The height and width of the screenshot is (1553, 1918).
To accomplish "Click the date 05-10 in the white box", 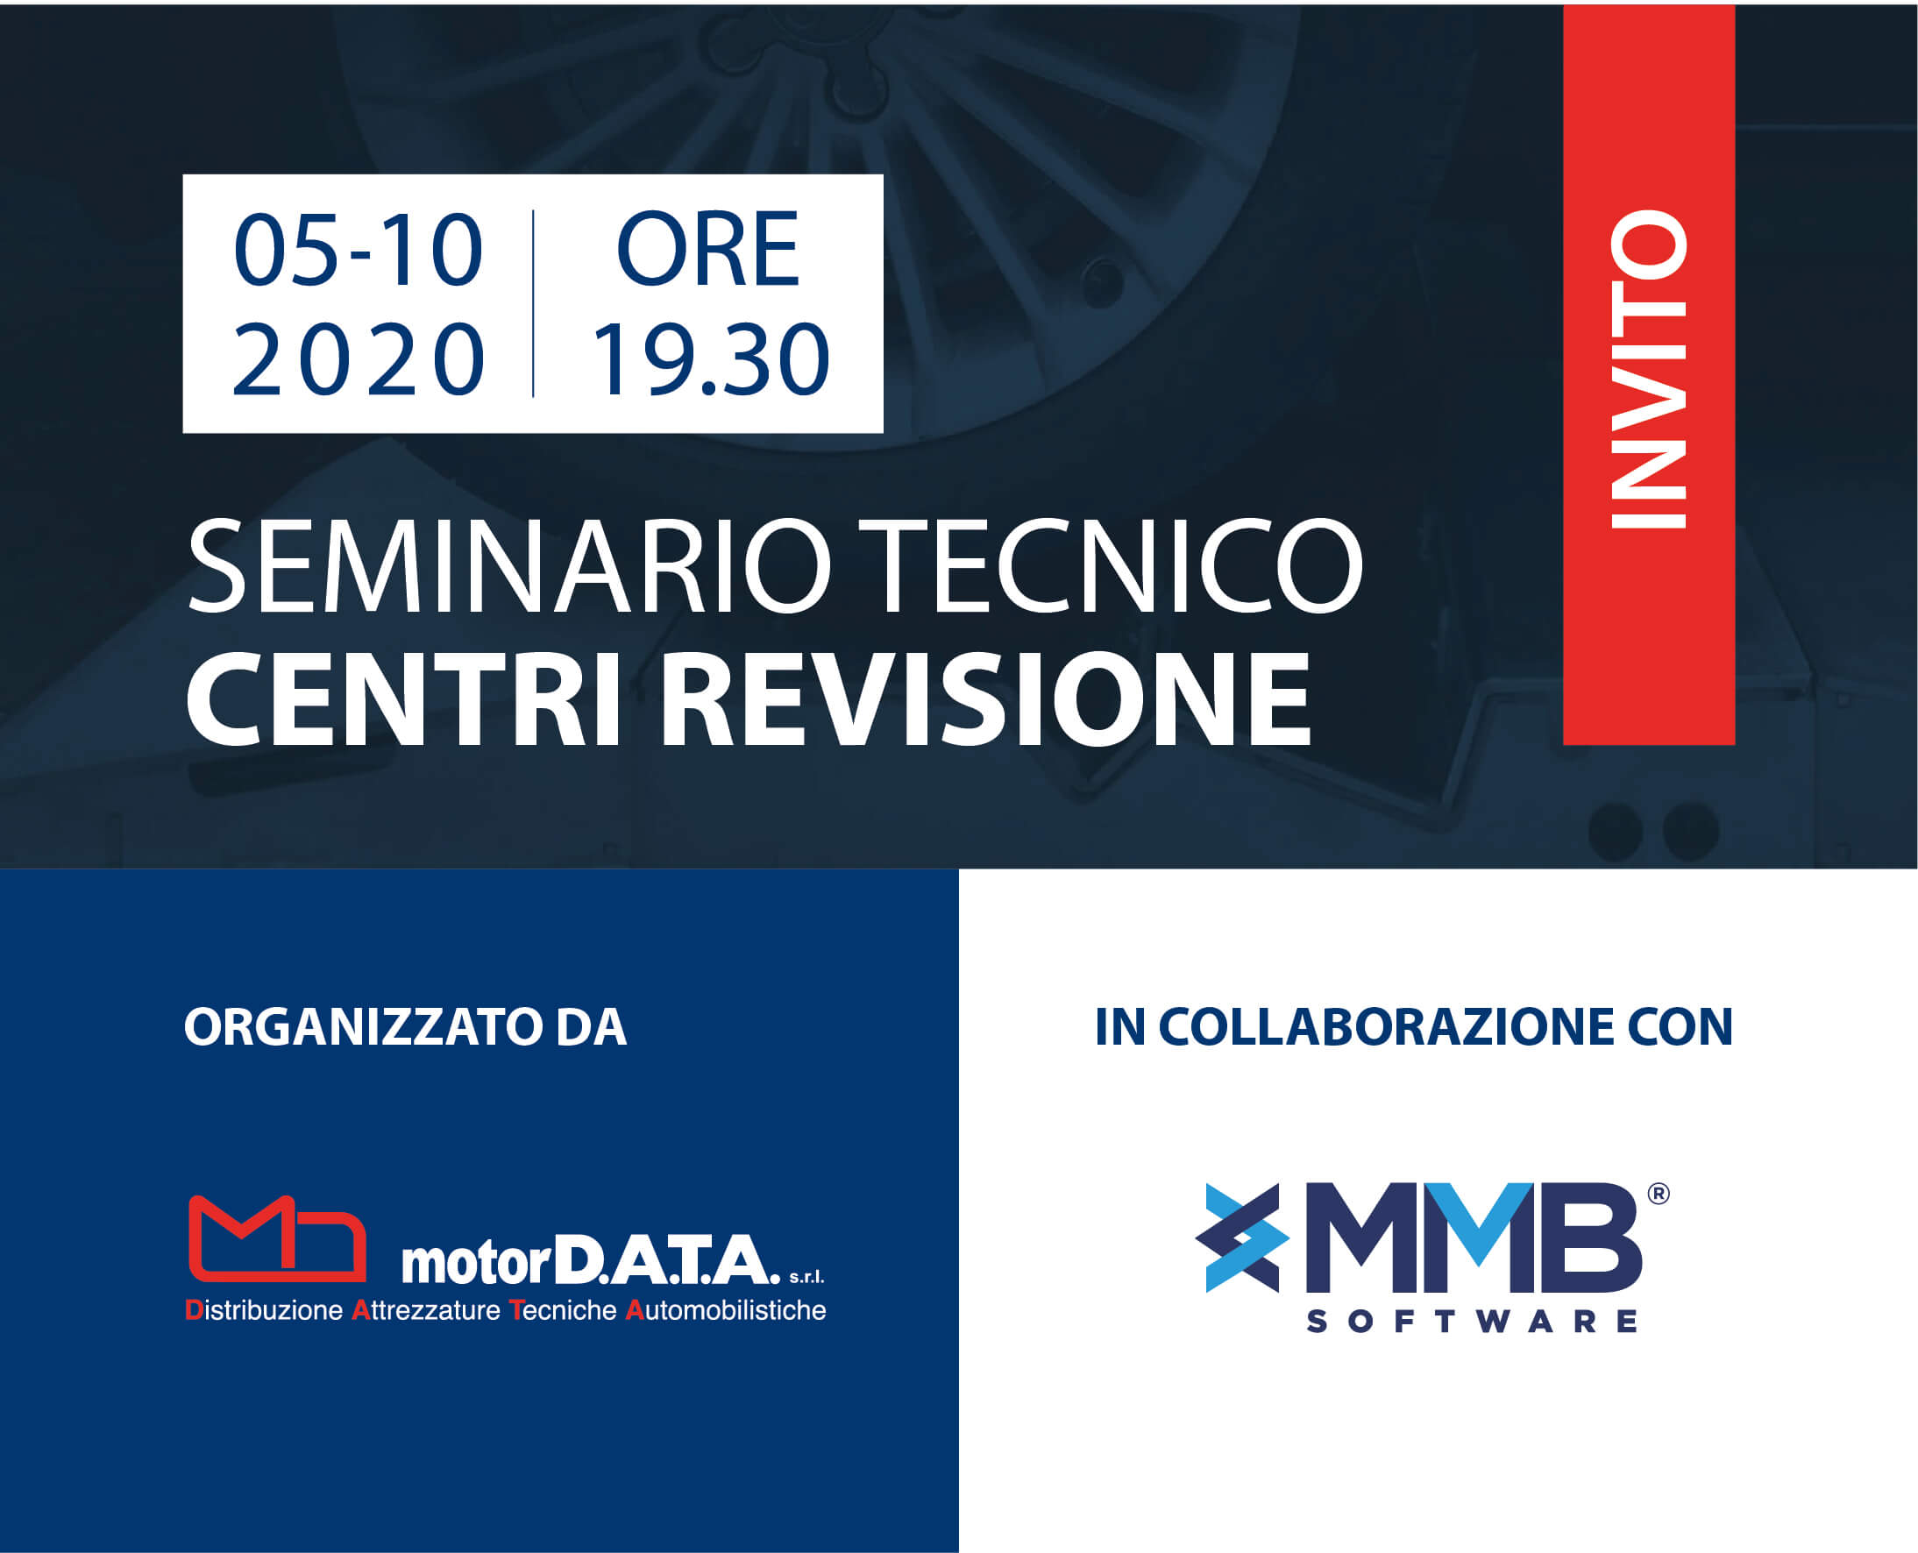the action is tap(358, 250).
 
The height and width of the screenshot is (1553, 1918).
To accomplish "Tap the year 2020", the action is tap(358, 358).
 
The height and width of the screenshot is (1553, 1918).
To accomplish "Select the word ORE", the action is tap(707, 250).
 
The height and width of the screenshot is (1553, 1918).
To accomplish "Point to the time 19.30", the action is tap(710, 358).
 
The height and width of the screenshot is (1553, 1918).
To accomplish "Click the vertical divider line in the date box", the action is tap(533, 303).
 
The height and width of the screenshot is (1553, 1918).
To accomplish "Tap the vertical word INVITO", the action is tap(1648, 369).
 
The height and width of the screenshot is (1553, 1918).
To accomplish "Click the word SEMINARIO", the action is tap(509, 566).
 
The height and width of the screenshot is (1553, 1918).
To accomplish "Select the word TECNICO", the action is tap(1119, 566).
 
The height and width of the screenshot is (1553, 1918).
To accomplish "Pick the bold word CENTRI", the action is tap(402, 698).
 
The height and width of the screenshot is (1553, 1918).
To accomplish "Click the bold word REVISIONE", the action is tap(986, 698).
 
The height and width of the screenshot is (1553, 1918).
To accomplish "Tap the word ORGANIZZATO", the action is tap(363, 1026).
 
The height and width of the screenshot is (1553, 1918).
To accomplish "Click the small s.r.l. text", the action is tap(806, 1277).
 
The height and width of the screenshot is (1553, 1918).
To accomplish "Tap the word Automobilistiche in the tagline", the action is tap(726, 1310).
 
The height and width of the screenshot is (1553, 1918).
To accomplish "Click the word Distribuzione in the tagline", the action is tap(264, 1310).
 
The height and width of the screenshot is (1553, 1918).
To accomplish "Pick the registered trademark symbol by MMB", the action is tap(1658, 1194).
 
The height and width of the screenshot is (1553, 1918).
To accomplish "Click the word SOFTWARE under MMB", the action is tap(1472, 1322).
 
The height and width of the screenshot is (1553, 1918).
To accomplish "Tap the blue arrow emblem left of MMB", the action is tap(1241, 1238).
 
